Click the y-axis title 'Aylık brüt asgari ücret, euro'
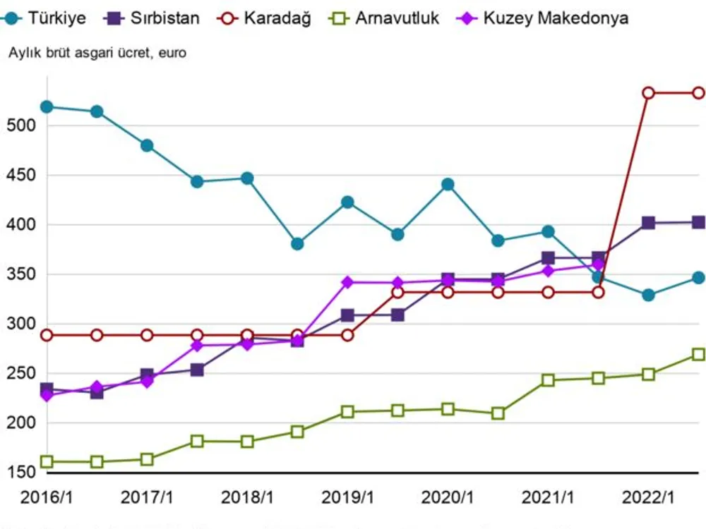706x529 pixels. (x=97, y=53)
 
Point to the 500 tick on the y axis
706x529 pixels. (x=20, y=126)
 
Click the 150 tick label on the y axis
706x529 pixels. (x=20, y=472)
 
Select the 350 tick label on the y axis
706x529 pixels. (x=20, y=274)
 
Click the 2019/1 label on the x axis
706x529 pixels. (x=347, y=497)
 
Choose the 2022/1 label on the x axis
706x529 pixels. (x=648, y=497)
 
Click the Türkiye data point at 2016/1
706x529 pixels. (x=47, y=107)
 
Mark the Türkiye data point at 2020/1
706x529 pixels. (x=448, y=185)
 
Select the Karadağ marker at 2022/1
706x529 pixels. (x=648, y=93)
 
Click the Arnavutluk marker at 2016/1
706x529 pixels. (x=47, y=462)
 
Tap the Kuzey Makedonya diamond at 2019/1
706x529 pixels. (x=347, y=282)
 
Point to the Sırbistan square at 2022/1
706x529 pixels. (x=648, y=223)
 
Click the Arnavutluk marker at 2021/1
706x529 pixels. (x=548, y=380)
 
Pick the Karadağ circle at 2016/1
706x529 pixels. (x=47, y=335)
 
